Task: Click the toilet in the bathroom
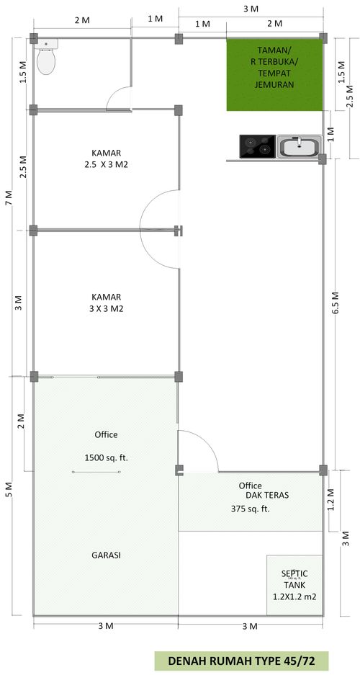pyautogui.click(x=46, y=56)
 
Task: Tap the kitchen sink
pyautogui.click(x=300, y=146)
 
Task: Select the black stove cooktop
pyautogui.click(x=257, y=146)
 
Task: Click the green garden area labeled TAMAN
pyautogui.click(x=275, y=75)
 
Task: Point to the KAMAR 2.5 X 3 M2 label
pyautogui.click(x=107, y=158)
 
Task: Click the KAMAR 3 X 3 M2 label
pyautogui.click(x=107, y=303)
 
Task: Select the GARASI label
pyautogui.click(x=107, y=555)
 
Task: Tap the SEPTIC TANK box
pyautogui.click(x=294, y=585)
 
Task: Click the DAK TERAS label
pyautogui.click(x=267, y=496)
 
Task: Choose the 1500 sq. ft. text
pyautogui.click(x=107, y=457)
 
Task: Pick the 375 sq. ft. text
pyautogui.click(x=250, y=509)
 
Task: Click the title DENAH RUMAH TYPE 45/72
pyautogui.click(x=241, y=661)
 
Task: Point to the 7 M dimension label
pyautogui.click(x=9, y=197)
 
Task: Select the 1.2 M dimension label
pyautogui.click(x=330, y=500)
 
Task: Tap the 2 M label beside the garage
pyautogui.click(x=20, y=421)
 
